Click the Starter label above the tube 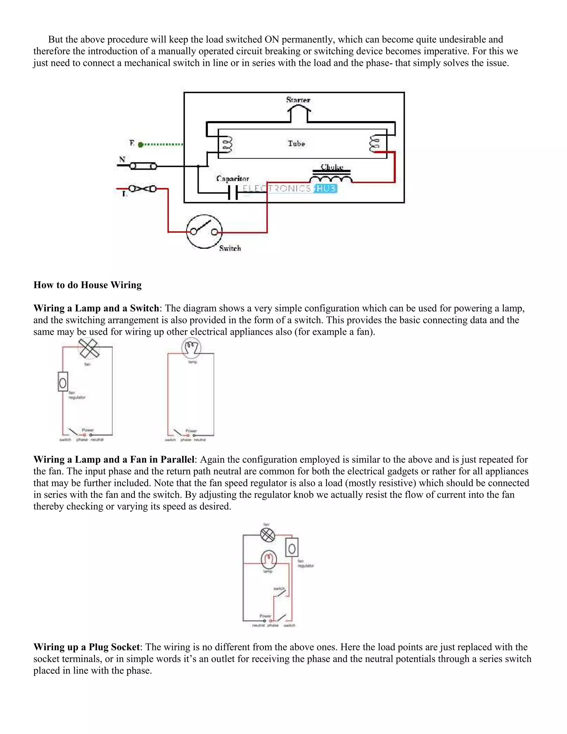pyautogui.click(x=298, y=99)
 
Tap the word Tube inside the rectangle pyautogui.click(x=296, y=143)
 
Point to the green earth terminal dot pyautogui.click(x=141, y=145)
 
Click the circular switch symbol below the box pyautogui.click(x=204, y=232)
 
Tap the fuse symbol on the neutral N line pyautogui.click(x=143, y=166)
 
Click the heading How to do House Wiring pyautogui.click(x=87, y=285)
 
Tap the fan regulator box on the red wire pyautogui.click(x=63, y=381)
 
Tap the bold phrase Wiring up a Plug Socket pyautogui.click(x=86, y=647)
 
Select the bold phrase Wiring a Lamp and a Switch pyautogui.click(x=96, y=308)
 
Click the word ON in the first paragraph pyautogui.click(x=272, y=40)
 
